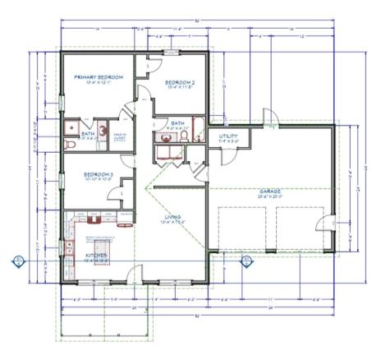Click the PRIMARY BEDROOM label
click(x=98, y=77)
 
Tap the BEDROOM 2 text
click(x=179, y=82)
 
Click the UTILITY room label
click(x=227, y=138)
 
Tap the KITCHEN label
click(x=96, y=256)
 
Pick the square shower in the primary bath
click(x=73, y=127)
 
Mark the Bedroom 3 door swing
click(x=128, y=184)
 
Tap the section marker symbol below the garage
click(x=243, y=261)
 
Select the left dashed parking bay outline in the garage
click(x=243, y=227)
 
